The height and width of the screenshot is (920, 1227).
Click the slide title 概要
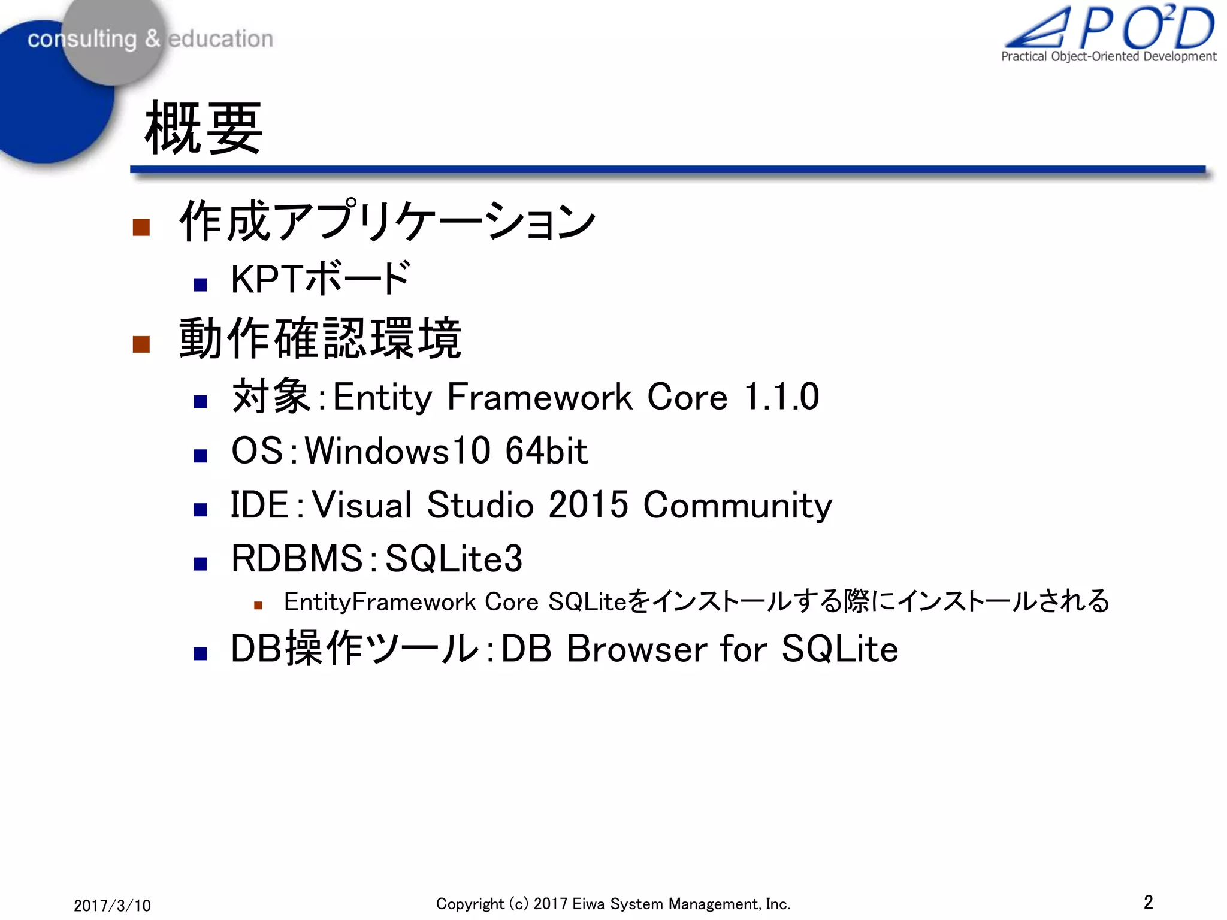click(204, 128)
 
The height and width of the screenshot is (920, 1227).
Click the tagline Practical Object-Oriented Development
click(1108, 57)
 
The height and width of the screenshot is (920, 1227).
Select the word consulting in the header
click(82, 39)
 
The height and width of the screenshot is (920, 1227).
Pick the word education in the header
click(220, 39)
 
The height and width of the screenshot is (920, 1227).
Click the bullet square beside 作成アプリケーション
click(141, 227)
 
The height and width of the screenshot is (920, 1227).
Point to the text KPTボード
click(321, 279)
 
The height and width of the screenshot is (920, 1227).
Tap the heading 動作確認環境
click(321, 339)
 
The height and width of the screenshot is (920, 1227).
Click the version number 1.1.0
click(781, 397)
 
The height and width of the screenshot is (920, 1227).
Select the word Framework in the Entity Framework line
click(539, 397)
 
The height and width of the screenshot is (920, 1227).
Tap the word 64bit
click(546, 450)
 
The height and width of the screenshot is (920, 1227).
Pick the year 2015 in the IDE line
click(588, 504)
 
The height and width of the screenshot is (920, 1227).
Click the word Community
click(738, 506)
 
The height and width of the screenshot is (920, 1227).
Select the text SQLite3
click(454, 558)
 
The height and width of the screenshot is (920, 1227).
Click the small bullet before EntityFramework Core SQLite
click(258, 605)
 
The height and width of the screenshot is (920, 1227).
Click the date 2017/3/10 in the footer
click(112, 905)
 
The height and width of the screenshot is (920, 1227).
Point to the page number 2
click(1148, 902)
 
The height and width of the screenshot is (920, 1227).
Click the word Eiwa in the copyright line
click(588, 904)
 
